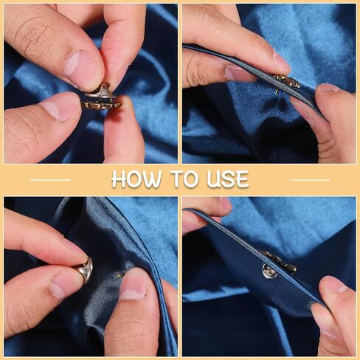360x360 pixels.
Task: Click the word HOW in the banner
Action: pos(136,179)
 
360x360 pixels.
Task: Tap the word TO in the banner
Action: pos(186,179)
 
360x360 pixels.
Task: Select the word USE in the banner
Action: pos(228,179)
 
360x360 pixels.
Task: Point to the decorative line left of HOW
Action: pos(50,180)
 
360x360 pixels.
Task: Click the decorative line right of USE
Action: pos(311,180)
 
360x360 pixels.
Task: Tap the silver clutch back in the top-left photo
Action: pos(98,91)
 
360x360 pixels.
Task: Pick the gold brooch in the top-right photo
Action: pos(288,81)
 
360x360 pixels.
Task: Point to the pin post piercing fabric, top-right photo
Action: pos(277,91)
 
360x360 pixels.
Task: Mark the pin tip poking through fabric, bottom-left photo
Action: pos(119,275)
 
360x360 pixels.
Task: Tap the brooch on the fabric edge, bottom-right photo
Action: pos(280,262)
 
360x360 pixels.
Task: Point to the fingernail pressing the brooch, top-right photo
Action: pos(240,74)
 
